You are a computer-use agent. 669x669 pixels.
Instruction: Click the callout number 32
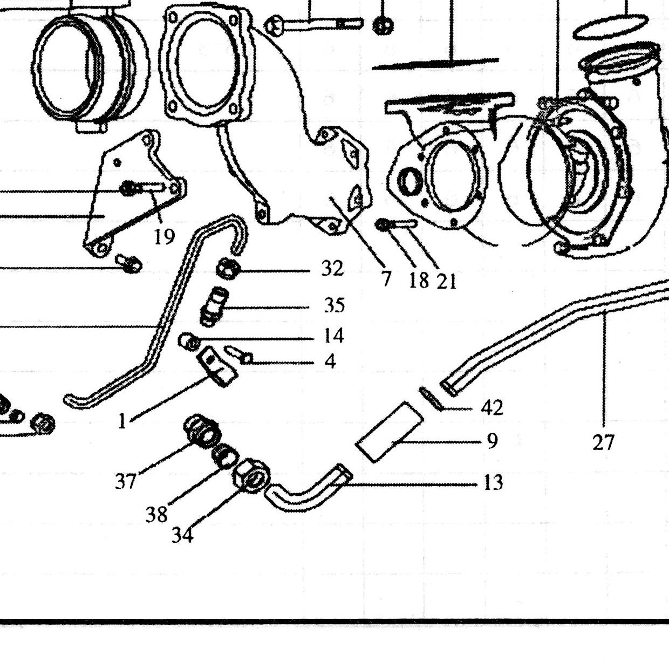332,269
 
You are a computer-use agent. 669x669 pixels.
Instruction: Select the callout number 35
334,306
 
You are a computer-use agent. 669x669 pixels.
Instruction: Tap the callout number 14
333,336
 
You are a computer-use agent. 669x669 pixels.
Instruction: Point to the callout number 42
492,408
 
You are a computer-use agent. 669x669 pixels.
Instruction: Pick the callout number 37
125,482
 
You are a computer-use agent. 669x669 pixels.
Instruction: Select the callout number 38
156,515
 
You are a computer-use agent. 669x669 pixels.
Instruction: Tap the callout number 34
182,535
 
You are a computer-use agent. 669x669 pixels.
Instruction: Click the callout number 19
164,237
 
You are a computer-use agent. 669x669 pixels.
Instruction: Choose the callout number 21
446,281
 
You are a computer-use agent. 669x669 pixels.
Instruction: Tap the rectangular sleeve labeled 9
390,432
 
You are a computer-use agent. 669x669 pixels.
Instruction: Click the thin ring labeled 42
431,398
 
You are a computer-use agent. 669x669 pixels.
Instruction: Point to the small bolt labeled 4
240,355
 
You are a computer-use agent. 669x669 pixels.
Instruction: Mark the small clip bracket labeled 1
217,367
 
